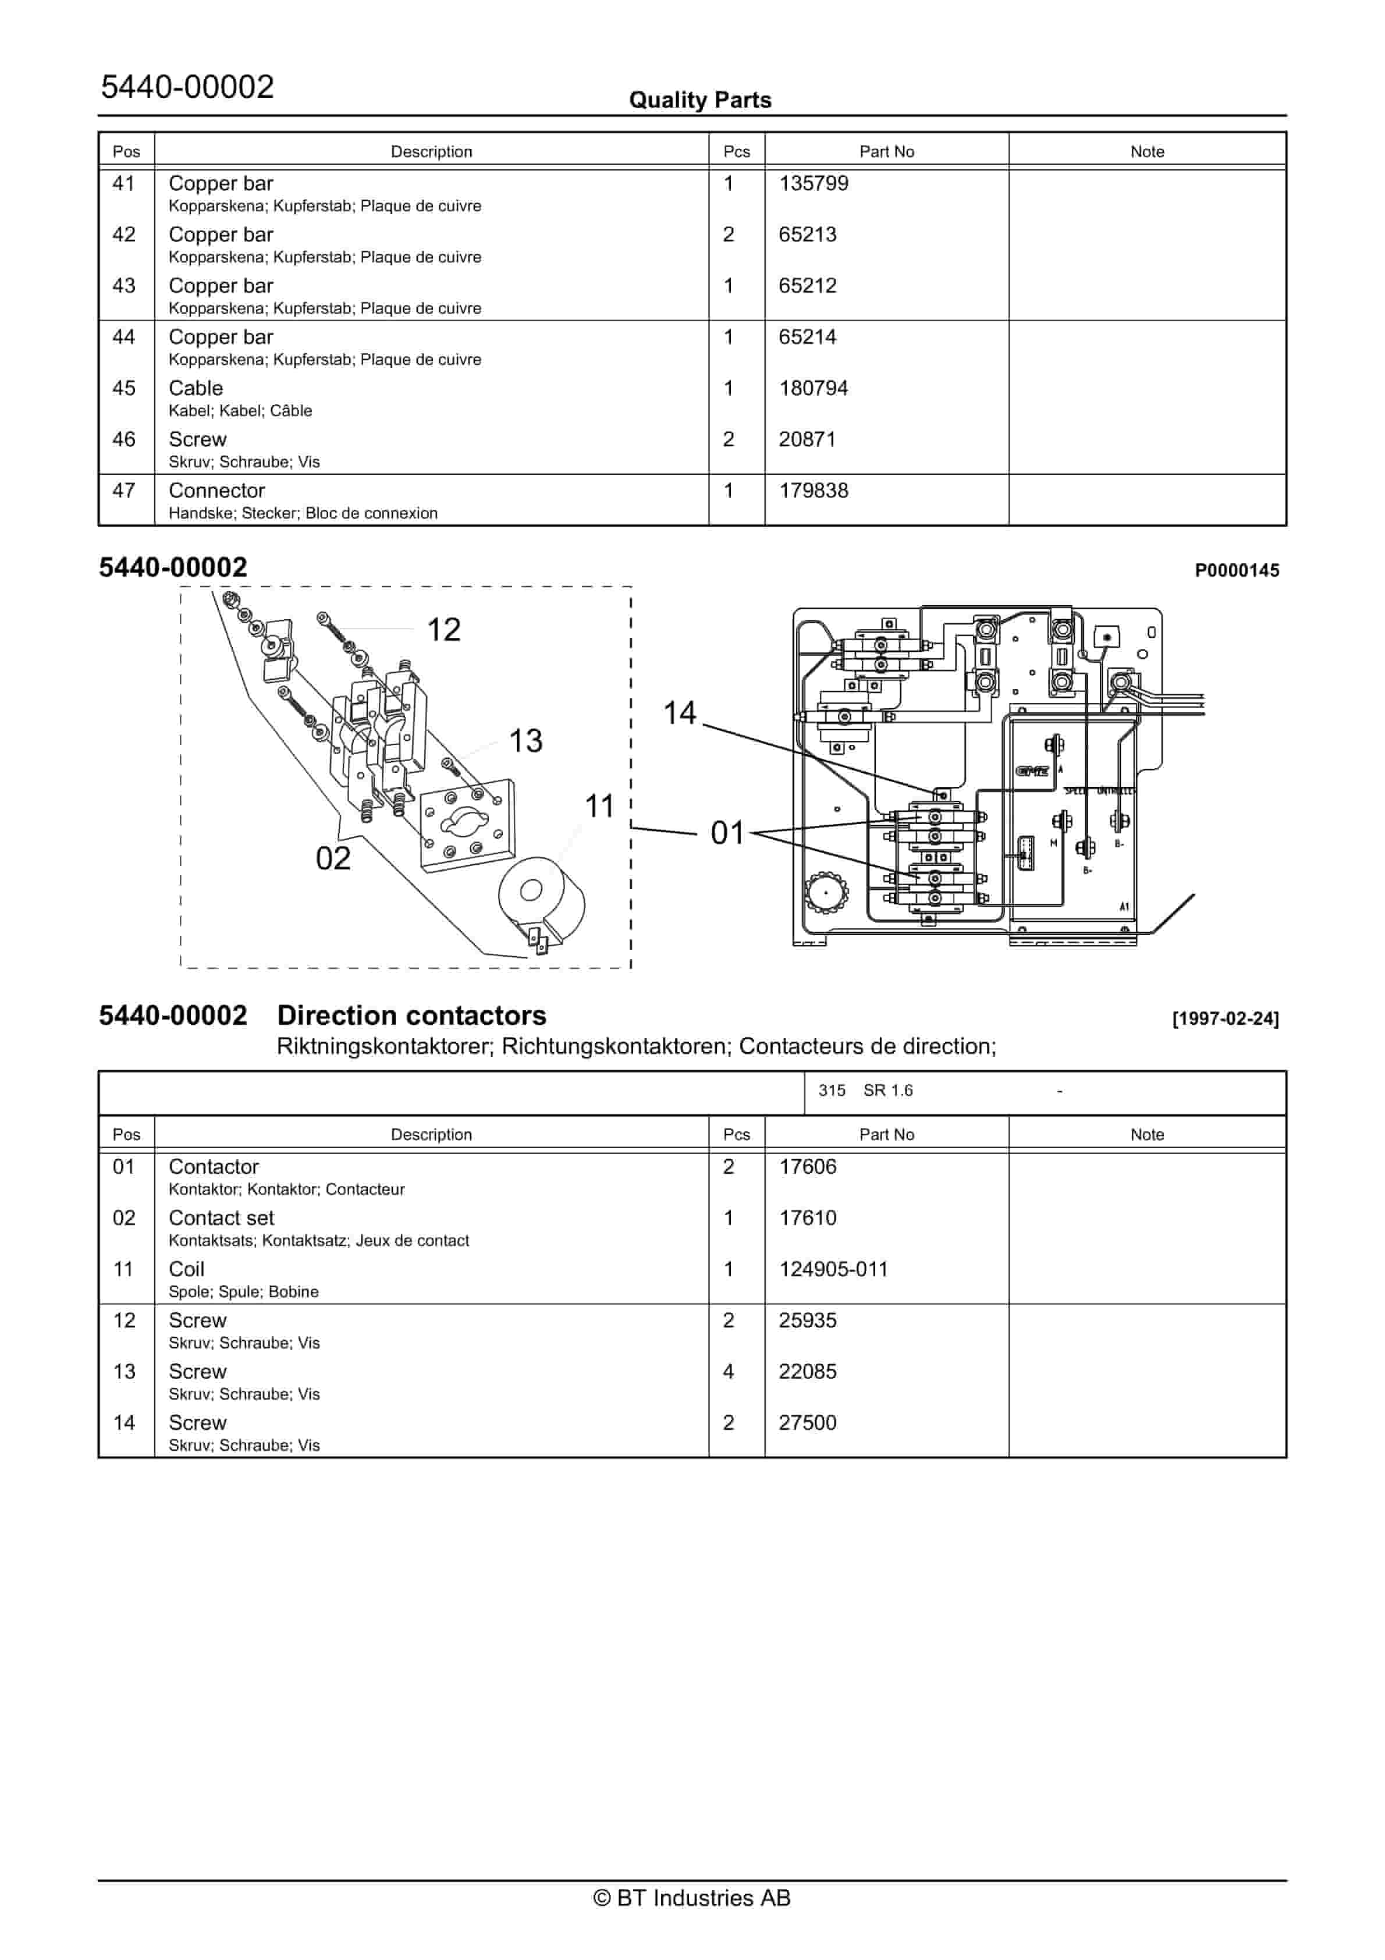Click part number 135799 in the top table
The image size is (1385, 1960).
813,183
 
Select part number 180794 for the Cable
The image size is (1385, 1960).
813,388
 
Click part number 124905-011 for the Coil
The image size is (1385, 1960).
833,1269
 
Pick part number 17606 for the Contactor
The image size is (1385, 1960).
807,1167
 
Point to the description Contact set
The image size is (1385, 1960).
221,1218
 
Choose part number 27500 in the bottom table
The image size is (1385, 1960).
807,1423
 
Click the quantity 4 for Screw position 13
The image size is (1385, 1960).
729,1372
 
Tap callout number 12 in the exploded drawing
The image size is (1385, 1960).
443,630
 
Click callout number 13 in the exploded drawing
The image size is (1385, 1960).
525,741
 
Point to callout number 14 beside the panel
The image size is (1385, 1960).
680,713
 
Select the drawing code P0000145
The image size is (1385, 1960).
1237,571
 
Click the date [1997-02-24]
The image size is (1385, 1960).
1226,1018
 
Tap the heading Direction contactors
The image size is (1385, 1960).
411,1016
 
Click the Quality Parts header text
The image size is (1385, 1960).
699,101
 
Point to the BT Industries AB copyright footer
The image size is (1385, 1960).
692,1898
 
